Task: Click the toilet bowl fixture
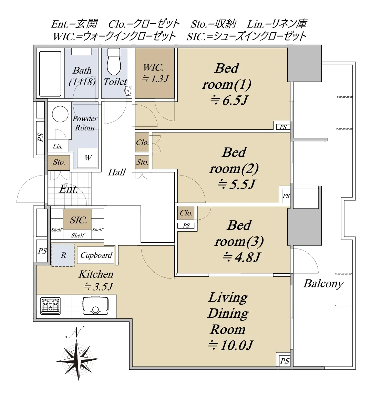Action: click(x=114, y=62)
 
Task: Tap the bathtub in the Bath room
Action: click(x=50, y=74)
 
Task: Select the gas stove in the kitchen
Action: click(x=50, y=306)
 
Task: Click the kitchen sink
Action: click(x=95, y=305)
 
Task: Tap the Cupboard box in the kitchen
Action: click(x=96, y=255)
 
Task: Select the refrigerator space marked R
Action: click(x=63, y=255)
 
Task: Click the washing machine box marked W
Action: click(x=87, y=158)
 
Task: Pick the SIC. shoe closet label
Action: click(x=79, y=220)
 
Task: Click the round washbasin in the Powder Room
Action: click(x=60, y=114)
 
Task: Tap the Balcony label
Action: click(x=323, y=284)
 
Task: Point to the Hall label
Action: click(x=117, y=172)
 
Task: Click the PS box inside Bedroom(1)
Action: click(x=283, y=127)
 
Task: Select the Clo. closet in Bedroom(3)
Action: click(x=186, y=213)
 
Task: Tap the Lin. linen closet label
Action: click(x=58, y=147)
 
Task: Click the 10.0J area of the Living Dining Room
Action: click(x=230, y=346)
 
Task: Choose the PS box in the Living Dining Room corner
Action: click(x=285, y=361)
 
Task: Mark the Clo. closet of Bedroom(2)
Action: click(x=142, y=142)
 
